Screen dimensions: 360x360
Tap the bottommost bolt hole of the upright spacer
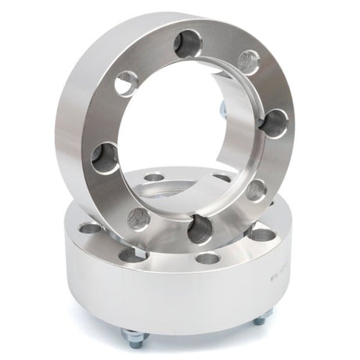(x=200, y=228)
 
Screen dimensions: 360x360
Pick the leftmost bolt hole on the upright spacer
(x=104, y=157)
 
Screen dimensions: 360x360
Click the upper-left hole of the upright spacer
(x=125, y=81)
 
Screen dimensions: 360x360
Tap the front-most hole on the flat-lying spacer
(x=207, y=258)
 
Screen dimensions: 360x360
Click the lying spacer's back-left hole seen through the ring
(x=154, y=178)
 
